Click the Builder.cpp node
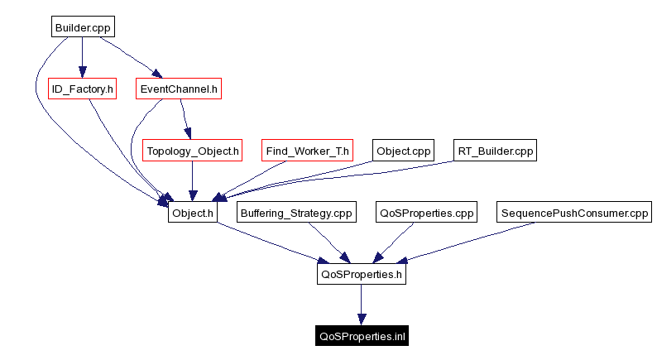(x=81, y=27)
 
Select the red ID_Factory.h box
(x=82, y=89)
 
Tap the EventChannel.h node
(x=179, y=89)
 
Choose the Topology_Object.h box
(x=193, y=151)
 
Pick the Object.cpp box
(x=404, y=151)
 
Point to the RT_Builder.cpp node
(x=496, y=151)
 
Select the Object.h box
(x=192, y=213)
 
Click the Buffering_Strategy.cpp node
(x=296, y=213)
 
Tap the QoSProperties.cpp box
(x=427, y=213)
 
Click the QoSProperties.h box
(x=361, y=274)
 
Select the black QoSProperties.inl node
(x=361, y=336)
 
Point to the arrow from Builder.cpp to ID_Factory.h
(x=81, y=57)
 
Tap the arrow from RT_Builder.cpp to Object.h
(x=348, y=181)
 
